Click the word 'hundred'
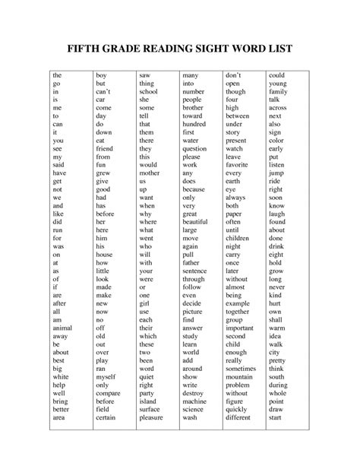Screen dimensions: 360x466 pyautogui.click(x=195, y=123)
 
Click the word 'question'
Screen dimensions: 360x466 pyautogui.click(x=195, y=149)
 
